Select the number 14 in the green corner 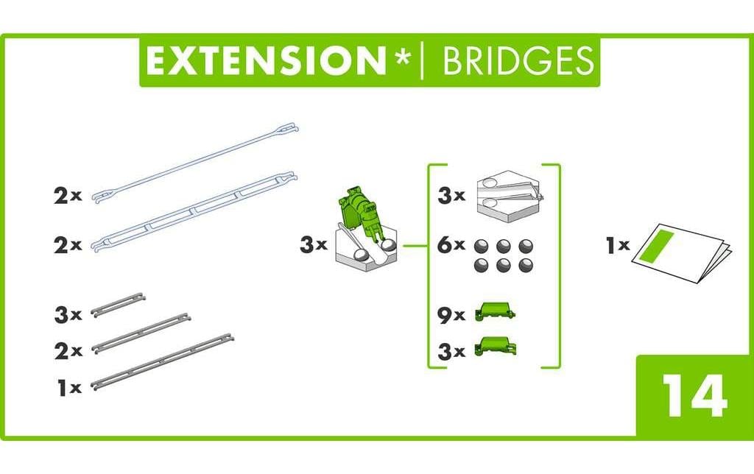tap(694, 397)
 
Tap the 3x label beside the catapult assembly tap(313, 245)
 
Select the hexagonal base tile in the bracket tap(510, 195)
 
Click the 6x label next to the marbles tap(451, 246)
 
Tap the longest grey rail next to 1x tap(162, 361)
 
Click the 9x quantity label tap(451, 315)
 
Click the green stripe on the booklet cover tap(659, 246)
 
